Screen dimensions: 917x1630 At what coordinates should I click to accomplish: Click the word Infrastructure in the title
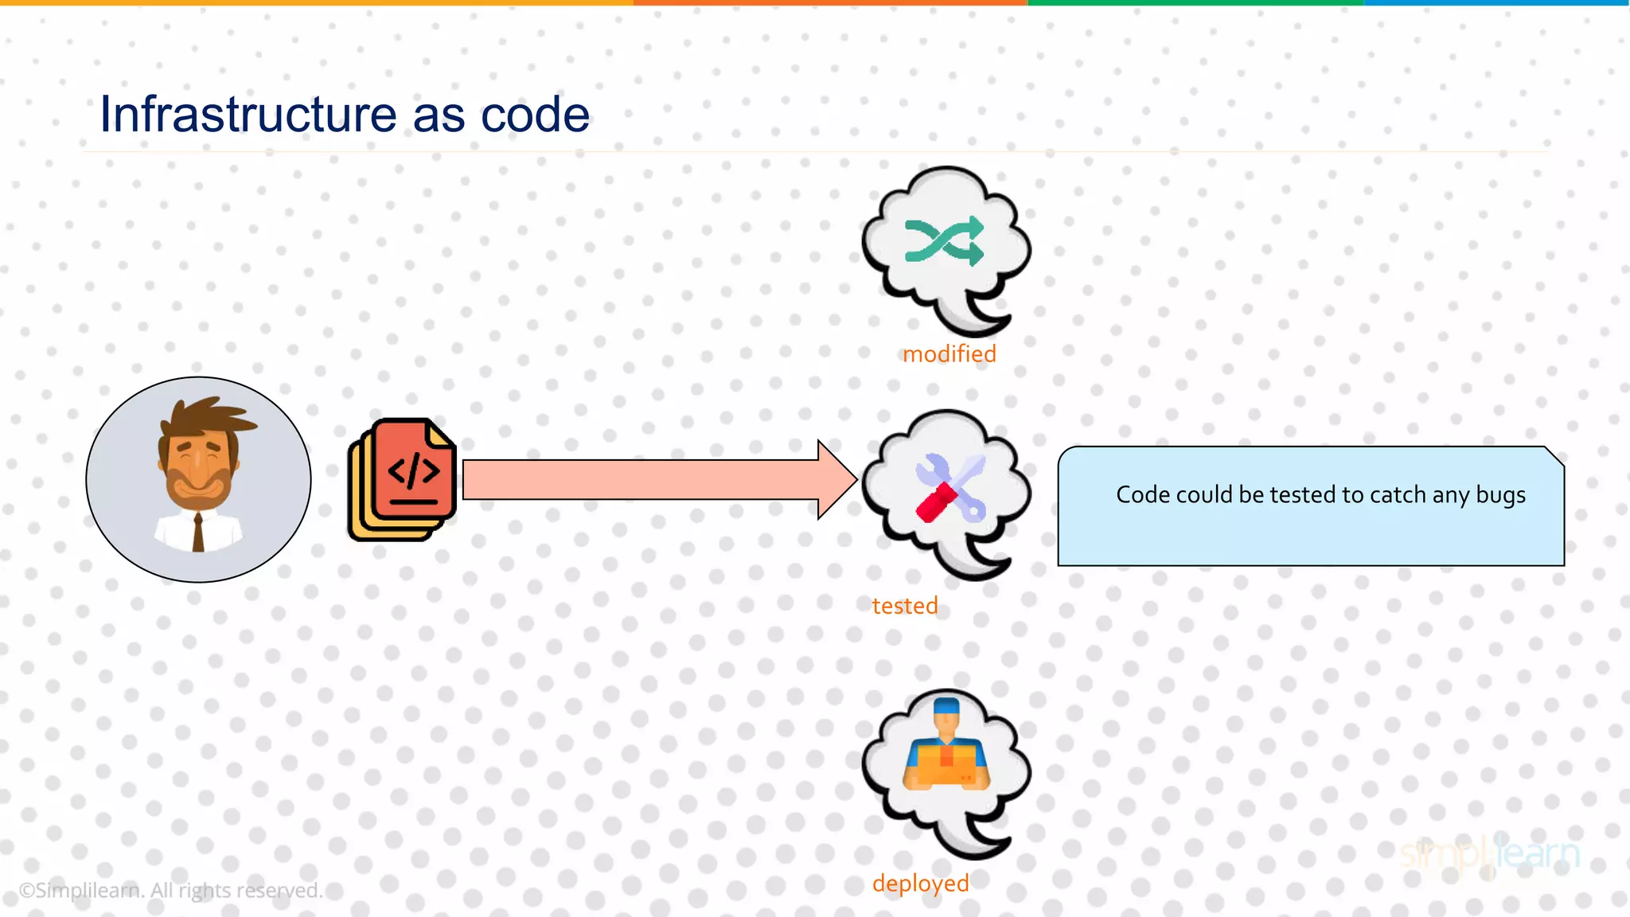[248, 115]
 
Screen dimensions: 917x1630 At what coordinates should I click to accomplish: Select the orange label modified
[949, 354]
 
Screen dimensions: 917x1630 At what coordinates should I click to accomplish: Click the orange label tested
[905, 606]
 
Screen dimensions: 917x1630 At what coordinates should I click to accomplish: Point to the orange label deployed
[920, 884]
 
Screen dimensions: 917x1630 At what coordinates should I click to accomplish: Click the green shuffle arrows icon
[945, 241]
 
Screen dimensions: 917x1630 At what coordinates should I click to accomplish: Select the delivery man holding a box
[946, 748]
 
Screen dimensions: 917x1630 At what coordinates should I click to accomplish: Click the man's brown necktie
[198, 532]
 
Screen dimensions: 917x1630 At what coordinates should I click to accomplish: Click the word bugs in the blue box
[1500, 495]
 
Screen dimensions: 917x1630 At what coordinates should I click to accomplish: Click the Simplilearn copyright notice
[170, 890]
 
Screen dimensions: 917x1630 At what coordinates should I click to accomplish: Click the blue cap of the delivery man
[946, 706]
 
